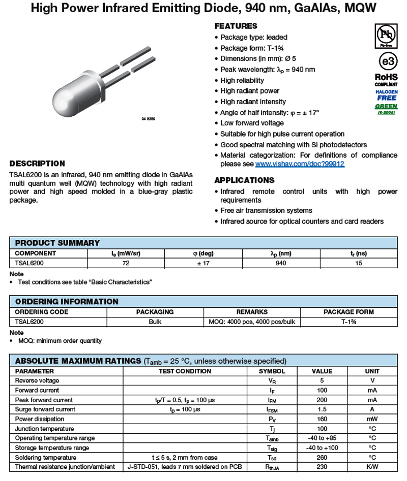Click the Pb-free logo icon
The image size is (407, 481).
click(386, 36)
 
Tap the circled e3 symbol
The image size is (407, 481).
click(387, 61)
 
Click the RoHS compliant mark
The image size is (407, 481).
click(386, 79)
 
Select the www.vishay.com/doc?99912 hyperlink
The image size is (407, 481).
click(300, 164)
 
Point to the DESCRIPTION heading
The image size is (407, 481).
click(37, 164)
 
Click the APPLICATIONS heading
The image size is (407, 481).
click(244, 180)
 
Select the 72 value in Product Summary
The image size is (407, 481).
click(126, 263)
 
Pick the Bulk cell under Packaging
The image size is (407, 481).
click(155, 322)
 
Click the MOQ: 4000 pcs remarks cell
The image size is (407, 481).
click(252, 322)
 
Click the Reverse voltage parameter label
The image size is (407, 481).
click(37, 380)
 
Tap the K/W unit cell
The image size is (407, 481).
click(372, 467)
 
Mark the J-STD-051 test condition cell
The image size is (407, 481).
click(184, 467)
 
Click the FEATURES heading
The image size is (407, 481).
click(236, 26)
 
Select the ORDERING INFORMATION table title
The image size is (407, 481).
click(67, 302)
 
